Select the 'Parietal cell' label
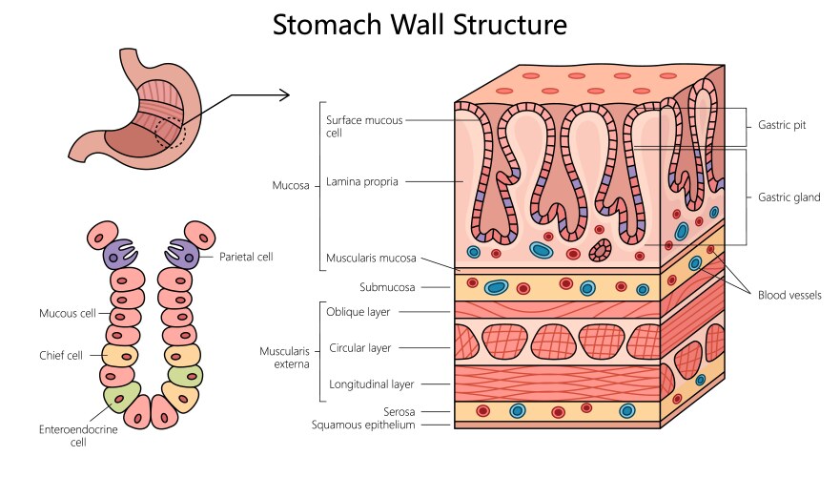[x=246, y=257]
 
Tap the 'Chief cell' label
[x=61, y=356]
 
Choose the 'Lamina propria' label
[x=362, y=180]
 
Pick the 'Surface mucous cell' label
[x=364, y=127]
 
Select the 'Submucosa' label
[x=386, y=286]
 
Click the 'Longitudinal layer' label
[x=370, y=384]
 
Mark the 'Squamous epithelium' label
[x=363, y=425]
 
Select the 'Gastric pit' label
[x=781, y=125]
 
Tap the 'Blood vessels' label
[x=789, y=296]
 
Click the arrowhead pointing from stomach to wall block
[x=284, y=93]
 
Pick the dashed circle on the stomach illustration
[x=172, y=131]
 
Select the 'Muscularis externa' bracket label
[x=285, y=357]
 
